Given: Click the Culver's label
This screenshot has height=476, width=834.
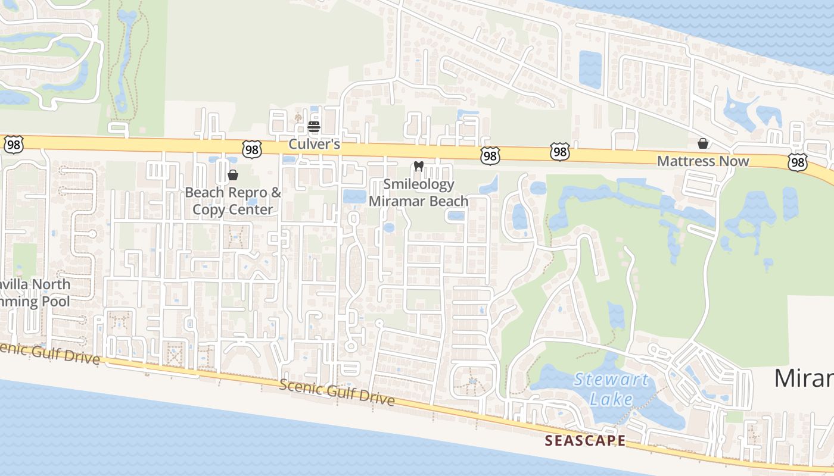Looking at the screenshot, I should (x=314, y=144).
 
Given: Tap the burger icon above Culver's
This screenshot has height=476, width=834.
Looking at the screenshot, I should (x=314, y=126).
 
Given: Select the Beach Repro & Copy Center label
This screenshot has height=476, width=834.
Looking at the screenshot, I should (x=233, y=201).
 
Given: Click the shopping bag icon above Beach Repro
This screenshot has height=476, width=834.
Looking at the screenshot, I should (x=233, y=175).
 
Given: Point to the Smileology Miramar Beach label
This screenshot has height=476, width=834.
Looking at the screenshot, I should (x=418, y=193).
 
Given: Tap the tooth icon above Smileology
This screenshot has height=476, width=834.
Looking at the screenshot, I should (x=418, y=167).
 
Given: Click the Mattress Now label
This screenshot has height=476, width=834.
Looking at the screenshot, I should (x=703, y=161).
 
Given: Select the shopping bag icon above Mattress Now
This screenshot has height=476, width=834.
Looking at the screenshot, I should (x=703, y=143).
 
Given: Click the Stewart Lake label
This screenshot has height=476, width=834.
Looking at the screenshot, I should (x=612, y=389).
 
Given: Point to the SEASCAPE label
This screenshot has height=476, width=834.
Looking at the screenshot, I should (x=586, y=440).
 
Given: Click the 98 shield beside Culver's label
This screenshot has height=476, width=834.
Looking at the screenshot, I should (x=252, y=149).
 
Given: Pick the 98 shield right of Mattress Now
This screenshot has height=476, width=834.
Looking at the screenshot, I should (x=797, y=161).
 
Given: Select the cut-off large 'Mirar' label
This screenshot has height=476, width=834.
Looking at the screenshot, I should (x=804, y=378).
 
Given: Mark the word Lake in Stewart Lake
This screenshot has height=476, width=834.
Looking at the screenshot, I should (x=611, y=398).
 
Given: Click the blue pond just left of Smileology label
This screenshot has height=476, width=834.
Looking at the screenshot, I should (x=354, y=197).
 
